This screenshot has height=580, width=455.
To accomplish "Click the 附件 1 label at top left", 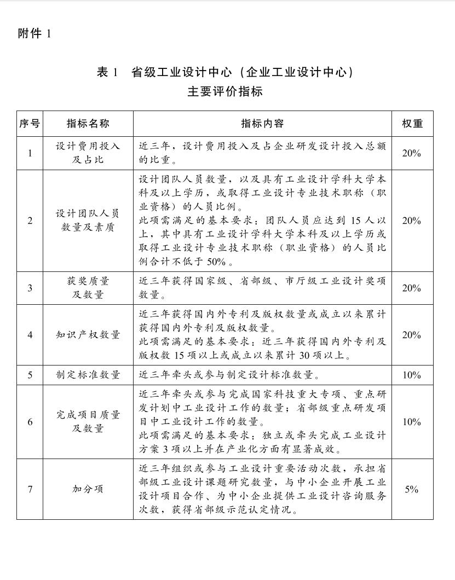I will [x=34, y=33].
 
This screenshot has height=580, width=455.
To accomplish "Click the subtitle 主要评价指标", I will [x=225, y=91].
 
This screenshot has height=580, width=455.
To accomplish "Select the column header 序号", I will [x=30, y=124].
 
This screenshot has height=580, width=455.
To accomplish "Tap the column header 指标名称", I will [x=88, y=124].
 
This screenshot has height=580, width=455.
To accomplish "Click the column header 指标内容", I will [x=262, y=124].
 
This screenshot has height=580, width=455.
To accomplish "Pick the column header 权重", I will [x=412, y=124].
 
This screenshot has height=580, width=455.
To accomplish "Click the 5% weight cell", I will [x=412, y=489].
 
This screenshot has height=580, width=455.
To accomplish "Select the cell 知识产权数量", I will [x=88, y=335].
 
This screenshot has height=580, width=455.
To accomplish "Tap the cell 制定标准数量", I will [x=88, y=375].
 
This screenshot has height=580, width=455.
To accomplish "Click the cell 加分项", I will [x=88, y=489].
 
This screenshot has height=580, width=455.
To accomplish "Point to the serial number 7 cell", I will [x=30, y=489].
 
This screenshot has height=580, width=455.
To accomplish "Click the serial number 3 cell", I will [x=30, y=288].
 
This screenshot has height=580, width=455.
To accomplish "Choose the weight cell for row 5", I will [x=412, y=375].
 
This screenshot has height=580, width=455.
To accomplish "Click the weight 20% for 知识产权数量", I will [x=412, y=335].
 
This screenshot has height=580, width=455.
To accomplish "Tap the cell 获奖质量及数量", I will [x=88, y=288].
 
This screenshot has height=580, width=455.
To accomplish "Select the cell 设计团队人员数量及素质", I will [x=88, y=221].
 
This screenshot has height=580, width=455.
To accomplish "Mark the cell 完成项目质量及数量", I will [x=88, y=422].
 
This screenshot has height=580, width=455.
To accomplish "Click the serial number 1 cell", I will [x=30, y=153].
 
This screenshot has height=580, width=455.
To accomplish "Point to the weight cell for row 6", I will [x=412, y=422].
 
